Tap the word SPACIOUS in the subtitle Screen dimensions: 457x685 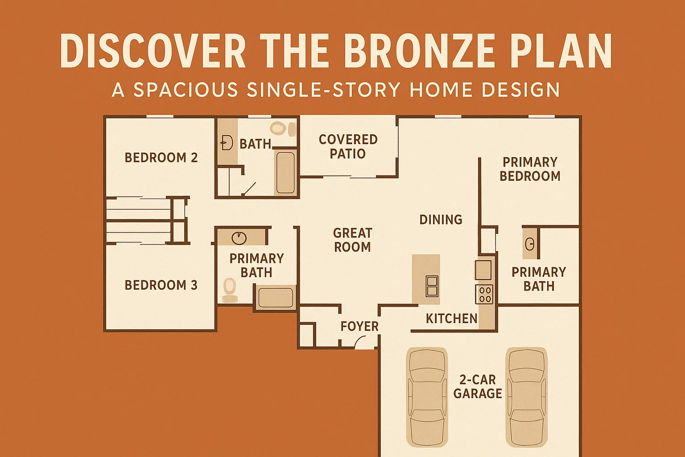pyautogui.click(x=186, y=90)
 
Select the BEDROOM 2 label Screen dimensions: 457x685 pyautogui.click(x=161, y=158)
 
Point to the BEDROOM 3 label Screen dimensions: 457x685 pyautogui.click(x=161, y=285)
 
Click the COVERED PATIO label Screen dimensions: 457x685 pyautogui.click(x=348, y=146)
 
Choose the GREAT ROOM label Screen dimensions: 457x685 pyautogui.click(x=352, y=240)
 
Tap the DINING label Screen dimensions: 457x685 pyautogui.click(x=441, y=220)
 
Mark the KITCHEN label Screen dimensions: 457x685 pyautogui.click(x=451, y=318)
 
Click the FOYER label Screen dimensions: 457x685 pyautogui.click(x=359, y=326)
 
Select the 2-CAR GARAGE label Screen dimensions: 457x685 pyautogui.click(x=478, y=386)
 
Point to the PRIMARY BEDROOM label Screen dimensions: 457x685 pyautogui.click(x=530, y=169)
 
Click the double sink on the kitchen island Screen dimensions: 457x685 pyautogui.click(x=432, y=286)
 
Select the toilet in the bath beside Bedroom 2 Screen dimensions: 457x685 pyautogui.click(x=278, y=129)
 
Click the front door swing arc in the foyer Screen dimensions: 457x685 pyautogui.click(x=360, y=343)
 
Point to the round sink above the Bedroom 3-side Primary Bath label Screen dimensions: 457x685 pyautogui.click(x=239, y=237)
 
